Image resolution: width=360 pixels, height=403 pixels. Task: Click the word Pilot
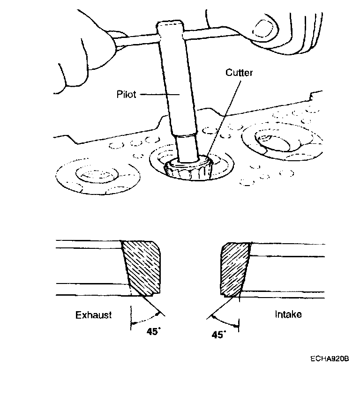click(126, 95)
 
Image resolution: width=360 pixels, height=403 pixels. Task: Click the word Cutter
click(240, 73)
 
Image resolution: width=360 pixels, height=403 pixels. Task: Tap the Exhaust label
click(94, 315)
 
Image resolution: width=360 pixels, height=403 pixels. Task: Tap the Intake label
click(288, 314)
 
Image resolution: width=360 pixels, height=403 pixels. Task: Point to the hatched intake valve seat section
click(234, 268)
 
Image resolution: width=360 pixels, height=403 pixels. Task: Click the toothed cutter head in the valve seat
click(188, 169)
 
